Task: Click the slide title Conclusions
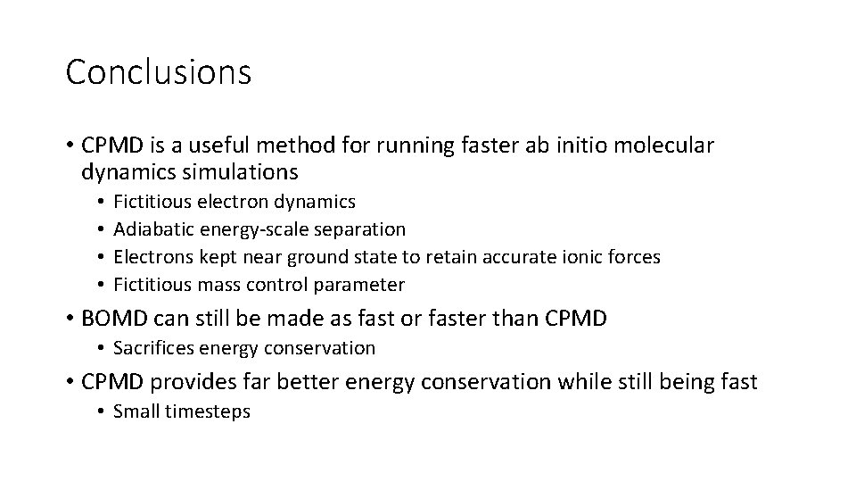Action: pyautogui.click(x=159, y=72)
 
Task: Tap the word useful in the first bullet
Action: pyautogui.click(x=236, y=145)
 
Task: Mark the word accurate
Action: pyautogui.click(x=511, y=257)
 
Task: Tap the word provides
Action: pyautogui.click(x=185, y=382)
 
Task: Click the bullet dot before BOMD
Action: pyautogui.click(x=70, y=318)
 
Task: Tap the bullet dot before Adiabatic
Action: pyautogui.click(x=103, y=230)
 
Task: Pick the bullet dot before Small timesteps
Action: pyautogui.click(x=103, y=412)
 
